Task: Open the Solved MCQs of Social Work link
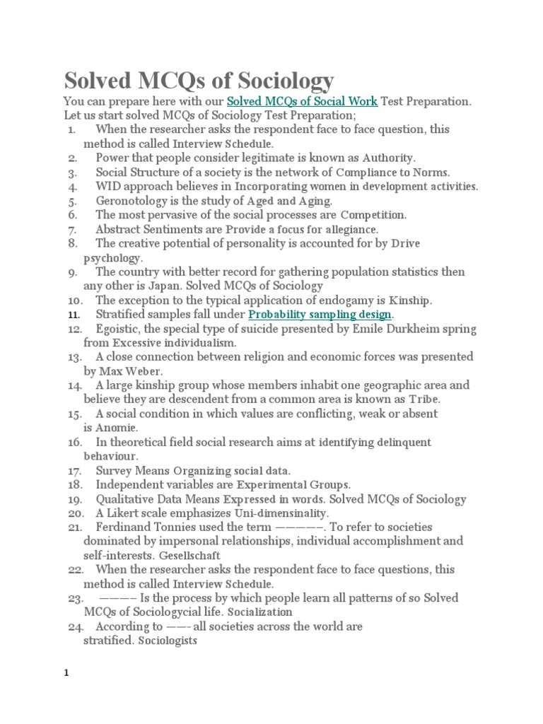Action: (x=302, y=102)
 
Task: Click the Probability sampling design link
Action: (x=320, y=315)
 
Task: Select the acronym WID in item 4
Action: (x=108, y=187)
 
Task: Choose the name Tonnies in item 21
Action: (x=181, y=527)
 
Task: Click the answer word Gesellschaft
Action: (x=190, y=556)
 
